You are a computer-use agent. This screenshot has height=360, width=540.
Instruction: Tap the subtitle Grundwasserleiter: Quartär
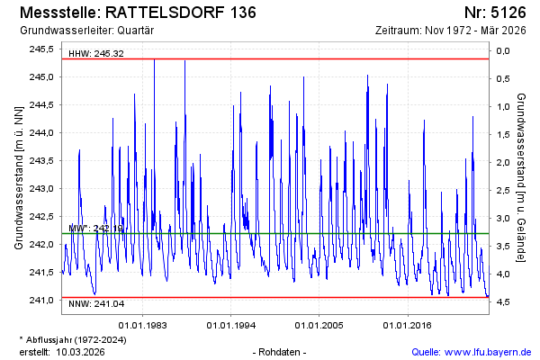(x=79, y=31)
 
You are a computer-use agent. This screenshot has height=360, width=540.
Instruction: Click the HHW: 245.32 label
(x=95, y=54)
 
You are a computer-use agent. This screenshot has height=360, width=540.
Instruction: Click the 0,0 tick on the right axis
(x=503, y=49)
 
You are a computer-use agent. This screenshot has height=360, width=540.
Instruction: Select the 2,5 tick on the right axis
(x=503, y=189)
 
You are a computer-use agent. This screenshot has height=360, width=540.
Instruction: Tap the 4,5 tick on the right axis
(x=503, y=301)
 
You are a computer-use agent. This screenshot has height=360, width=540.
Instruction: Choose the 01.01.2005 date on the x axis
(x=320, y=324)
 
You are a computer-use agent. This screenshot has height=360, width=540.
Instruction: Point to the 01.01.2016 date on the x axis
(x=409, y=324)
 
